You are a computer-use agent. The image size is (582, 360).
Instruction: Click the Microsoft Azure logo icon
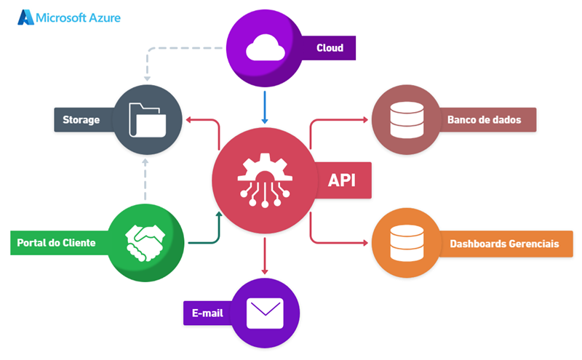point(26,17)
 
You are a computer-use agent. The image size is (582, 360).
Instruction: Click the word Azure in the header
point(103,17)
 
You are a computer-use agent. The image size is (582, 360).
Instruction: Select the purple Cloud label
point(330,49)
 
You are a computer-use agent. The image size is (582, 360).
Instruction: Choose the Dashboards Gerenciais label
point(504,244)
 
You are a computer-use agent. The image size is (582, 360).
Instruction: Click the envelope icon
point(264,313)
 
